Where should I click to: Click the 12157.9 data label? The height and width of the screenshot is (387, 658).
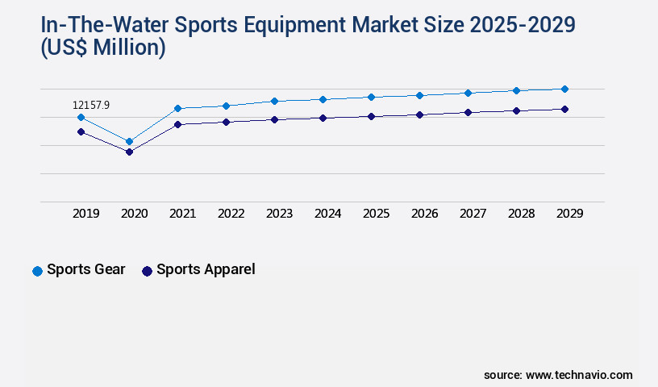pyautogui.click(x=90, y=105)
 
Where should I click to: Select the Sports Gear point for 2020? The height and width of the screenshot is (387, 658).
pyautogui.click(x=129, y=141)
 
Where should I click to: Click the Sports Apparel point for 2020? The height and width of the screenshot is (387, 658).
pyautogui.click(x=129, y=152)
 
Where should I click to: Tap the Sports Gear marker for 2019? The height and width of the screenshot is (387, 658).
pyautogui.click(x=81, y=117)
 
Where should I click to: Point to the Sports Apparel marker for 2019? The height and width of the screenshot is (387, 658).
pyautogui.click(x=81, y=131)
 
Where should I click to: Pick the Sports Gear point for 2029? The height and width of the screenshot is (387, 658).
pyautogui.click(x=564, y=89)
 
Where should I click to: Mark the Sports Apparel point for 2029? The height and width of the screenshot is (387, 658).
pyautogui.click(x=564, y=109)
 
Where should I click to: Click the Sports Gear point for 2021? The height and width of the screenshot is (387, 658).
pyautogui.click(x=177, y=108)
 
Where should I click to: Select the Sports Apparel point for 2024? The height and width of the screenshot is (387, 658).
pyautogui.click(x=323, y=118)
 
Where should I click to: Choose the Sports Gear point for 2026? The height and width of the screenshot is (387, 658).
pyautogui.click(x=419, y=95)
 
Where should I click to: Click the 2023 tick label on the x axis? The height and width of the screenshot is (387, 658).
pyautogui.click(x=279, y=214)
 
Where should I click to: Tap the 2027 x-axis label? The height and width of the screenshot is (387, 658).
pyautogui.click(x=473, y=214)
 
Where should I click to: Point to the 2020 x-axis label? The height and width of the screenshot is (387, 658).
pyautogui.click(x=134, y=214)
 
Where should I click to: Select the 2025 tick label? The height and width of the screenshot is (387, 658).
pyautogui.click(x=376, y=214)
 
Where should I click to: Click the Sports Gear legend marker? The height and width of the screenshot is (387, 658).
pyautogui.click(x=37, y=271)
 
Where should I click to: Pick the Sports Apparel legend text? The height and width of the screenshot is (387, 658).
pyautogui.click(x=206, y=269)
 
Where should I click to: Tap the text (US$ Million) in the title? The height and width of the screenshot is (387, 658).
pyautogui.click(x=103, y=48)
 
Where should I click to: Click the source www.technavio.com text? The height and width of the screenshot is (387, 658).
pyautogui.click(x=558, y=375)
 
